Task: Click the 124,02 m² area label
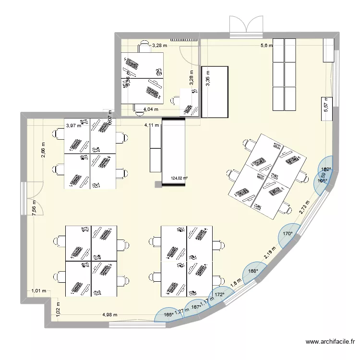click(x=179, y=179)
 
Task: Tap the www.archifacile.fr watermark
click(x=331, y=342)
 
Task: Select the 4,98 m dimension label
click(x=109, y=315)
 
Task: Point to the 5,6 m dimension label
click(x=266, y=46)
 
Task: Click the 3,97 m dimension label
click(x=73, y=126)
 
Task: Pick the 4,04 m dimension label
click(x=152, y=109)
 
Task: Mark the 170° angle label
click(x=288, y=234)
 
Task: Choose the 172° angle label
click(x=220, y=295)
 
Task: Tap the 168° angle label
click(x=253, y=271)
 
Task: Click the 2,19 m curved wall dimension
click(x=270, y=255)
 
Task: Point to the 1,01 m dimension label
click(x=38, y=290)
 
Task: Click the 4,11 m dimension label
click(x=152, y=126)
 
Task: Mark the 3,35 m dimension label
click(x=208, y=79)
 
